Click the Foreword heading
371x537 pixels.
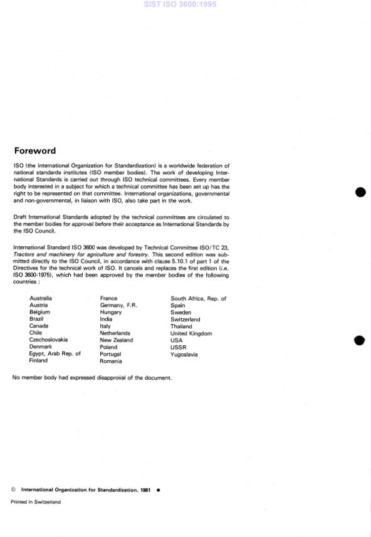[x=34, y=150]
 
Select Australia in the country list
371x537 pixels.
[x=41, y=298]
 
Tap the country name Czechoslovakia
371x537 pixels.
[x=48, y=340]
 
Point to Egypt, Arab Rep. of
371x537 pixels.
[x=55, y=353]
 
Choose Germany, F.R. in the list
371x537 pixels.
[x=118, y=305]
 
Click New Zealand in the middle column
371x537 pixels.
[x=117, y=340]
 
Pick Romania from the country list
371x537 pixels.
[x=111, y=361]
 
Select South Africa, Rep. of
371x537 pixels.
[x=198, y=298]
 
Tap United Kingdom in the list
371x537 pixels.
[x=191, y=333]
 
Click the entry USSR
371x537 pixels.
[x=179, y=347]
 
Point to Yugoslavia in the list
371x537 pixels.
[x=184, y=354]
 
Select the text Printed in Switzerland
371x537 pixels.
[x=36, y=502]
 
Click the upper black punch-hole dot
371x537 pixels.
[x=360, y=192]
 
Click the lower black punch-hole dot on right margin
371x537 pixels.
[x=360, y=340]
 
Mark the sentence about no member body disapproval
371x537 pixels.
[x=92, y=377]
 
